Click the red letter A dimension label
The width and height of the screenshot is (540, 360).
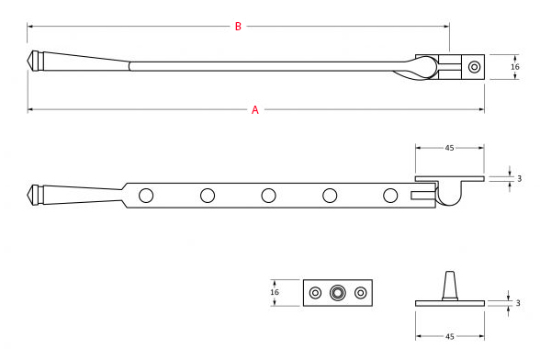[x=255, y=110]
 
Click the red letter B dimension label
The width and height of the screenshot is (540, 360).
[x=238, y=27]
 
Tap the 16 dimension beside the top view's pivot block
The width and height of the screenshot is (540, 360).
[x=515, y=67]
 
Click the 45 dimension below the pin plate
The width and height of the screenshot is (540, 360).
[x=450, y=336]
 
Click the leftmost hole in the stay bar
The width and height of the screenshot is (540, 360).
[x=145, y=195]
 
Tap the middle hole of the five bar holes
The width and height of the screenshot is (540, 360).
[x=268, y=195]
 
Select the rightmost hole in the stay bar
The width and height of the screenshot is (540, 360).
[x=390, y=195]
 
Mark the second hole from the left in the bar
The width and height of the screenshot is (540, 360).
[x=207, y=195]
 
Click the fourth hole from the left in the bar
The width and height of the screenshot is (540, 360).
[x=330, y=195]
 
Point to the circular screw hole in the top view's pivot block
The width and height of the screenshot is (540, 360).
[x=474, y=66]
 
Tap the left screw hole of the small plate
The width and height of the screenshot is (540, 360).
[x=316, y=293]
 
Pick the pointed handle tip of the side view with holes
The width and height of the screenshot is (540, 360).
[x=29, y=194]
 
